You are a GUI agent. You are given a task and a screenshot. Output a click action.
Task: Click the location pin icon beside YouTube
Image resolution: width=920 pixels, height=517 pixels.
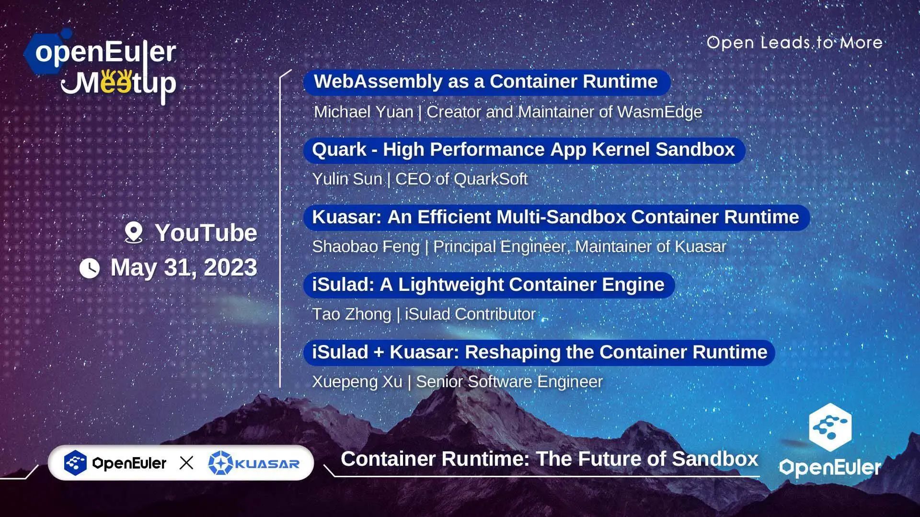click(x=134, y=232)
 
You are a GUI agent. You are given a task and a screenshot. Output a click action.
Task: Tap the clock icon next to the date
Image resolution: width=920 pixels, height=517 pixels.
click(x=90, y=268)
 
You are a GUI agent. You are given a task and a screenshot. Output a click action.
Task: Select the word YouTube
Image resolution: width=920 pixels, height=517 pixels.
click(x=206, y=233)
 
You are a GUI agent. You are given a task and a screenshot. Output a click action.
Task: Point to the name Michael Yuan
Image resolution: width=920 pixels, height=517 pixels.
click(x=363, y=112)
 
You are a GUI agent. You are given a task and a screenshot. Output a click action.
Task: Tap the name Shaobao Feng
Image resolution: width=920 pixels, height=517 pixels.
click(x=365, y=247)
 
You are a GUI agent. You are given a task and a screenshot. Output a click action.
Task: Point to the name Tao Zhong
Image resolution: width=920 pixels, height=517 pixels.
click(x=351, y=314)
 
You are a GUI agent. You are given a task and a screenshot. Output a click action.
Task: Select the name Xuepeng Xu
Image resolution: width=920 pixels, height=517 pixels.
click(x=357, y=382)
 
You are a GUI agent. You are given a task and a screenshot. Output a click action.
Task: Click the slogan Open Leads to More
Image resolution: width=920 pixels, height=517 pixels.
click(x=794, y=43)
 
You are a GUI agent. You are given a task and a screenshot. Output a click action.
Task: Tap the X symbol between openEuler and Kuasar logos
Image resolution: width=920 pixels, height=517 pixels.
click(x=186, y=463)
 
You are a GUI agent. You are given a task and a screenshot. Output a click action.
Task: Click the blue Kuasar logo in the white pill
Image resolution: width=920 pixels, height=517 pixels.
click(x=254, y=463)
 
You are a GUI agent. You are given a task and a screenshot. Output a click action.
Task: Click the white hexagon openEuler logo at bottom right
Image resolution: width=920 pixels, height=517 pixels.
click(x=830, y=426)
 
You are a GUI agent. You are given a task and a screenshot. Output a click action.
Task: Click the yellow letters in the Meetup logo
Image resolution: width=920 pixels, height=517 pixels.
click(x=116, y=81)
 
